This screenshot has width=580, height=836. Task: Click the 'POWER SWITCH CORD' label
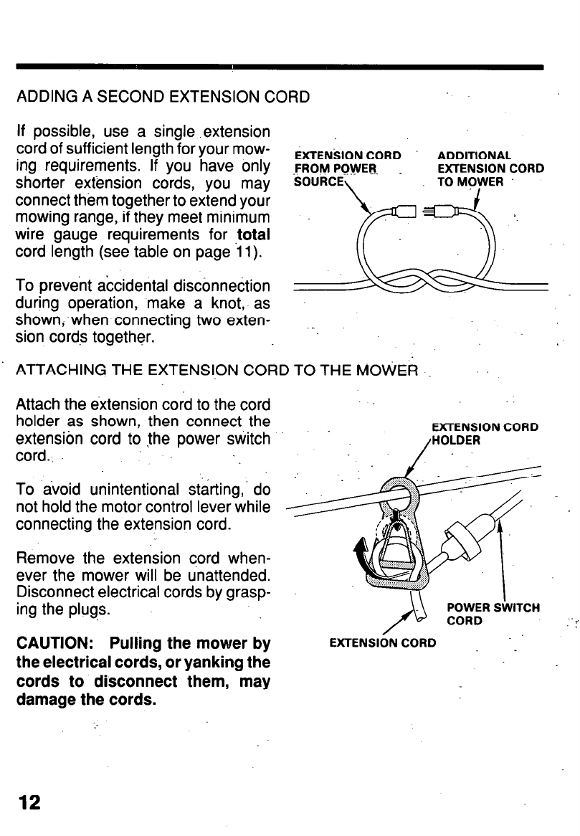click(493, 614)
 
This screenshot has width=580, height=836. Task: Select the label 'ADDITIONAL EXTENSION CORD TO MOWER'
click(490, 168)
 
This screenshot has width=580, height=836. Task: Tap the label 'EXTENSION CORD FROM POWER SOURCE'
click(348, 168)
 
